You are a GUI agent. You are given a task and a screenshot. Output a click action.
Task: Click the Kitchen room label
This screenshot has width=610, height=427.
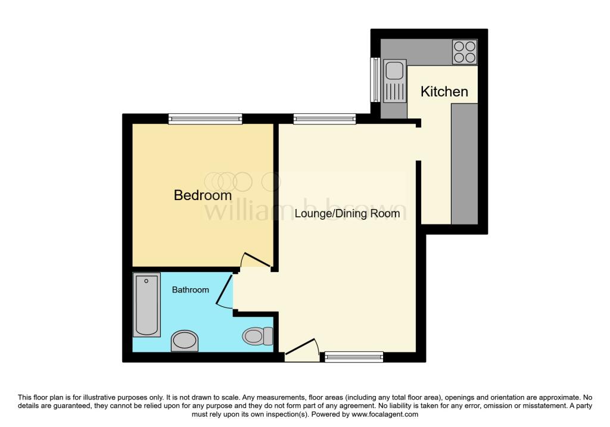coord(444,92)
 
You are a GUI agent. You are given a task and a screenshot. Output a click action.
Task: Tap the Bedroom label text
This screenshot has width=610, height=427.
coord(203,195)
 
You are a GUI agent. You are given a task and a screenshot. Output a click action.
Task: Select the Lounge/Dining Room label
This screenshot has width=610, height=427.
coord(347,213)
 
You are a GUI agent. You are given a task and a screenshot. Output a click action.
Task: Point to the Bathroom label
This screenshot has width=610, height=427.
coord(190,289)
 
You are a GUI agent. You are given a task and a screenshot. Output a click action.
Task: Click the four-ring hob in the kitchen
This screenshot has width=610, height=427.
coord(465,52)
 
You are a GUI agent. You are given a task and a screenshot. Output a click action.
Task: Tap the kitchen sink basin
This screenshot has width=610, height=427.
coord(394,71)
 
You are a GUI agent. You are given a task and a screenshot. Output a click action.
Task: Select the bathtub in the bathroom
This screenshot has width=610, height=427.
coord(147,304)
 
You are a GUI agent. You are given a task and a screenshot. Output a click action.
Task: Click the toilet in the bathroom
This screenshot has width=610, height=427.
coord(257,336)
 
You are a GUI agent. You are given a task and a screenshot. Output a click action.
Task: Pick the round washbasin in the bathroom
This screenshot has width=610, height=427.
coord(185,341)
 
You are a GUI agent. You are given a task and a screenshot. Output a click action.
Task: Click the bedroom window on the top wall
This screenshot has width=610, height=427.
coord(206,119)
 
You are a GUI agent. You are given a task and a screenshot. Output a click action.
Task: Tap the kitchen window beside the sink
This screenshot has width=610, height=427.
coord(375,80)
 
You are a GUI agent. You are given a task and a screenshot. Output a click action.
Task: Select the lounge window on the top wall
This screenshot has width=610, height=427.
coord(325,119)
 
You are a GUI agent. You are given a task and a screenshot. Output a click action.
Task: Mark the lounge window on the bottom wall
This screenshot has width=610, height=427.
coord(354,357)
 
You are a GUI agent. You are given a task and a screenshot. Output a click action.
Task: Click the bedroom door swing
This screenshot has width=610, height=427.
coord(255,260)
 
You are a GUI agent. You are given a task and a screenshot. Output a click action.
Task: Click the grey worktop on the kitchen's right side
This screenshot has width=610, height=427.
coord(464,164)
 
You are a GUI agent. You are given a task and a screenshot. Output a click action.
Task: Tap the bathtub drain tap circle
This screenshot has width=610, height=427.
coord(147,280)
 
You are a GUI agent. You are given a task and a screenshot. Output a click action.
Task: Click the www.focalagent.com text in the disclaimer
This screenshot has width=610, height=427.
coord(385,414)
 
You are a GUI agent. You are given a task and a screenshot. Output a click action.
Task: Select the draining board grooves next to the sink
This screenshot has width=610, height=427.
coord(394,92)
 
